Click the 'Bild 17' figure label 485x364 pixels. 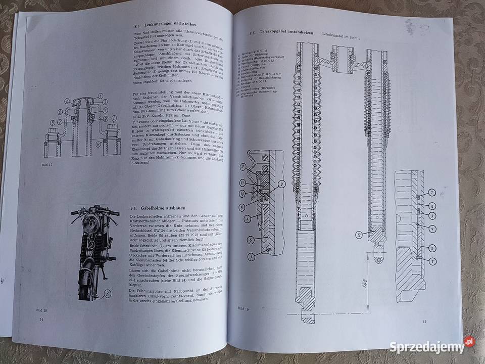click(x=46, y=165)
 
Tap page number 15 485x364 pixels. click(x=425, y=322)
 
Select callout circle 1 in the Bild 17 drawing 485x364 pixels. click(x=100, y=96)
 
